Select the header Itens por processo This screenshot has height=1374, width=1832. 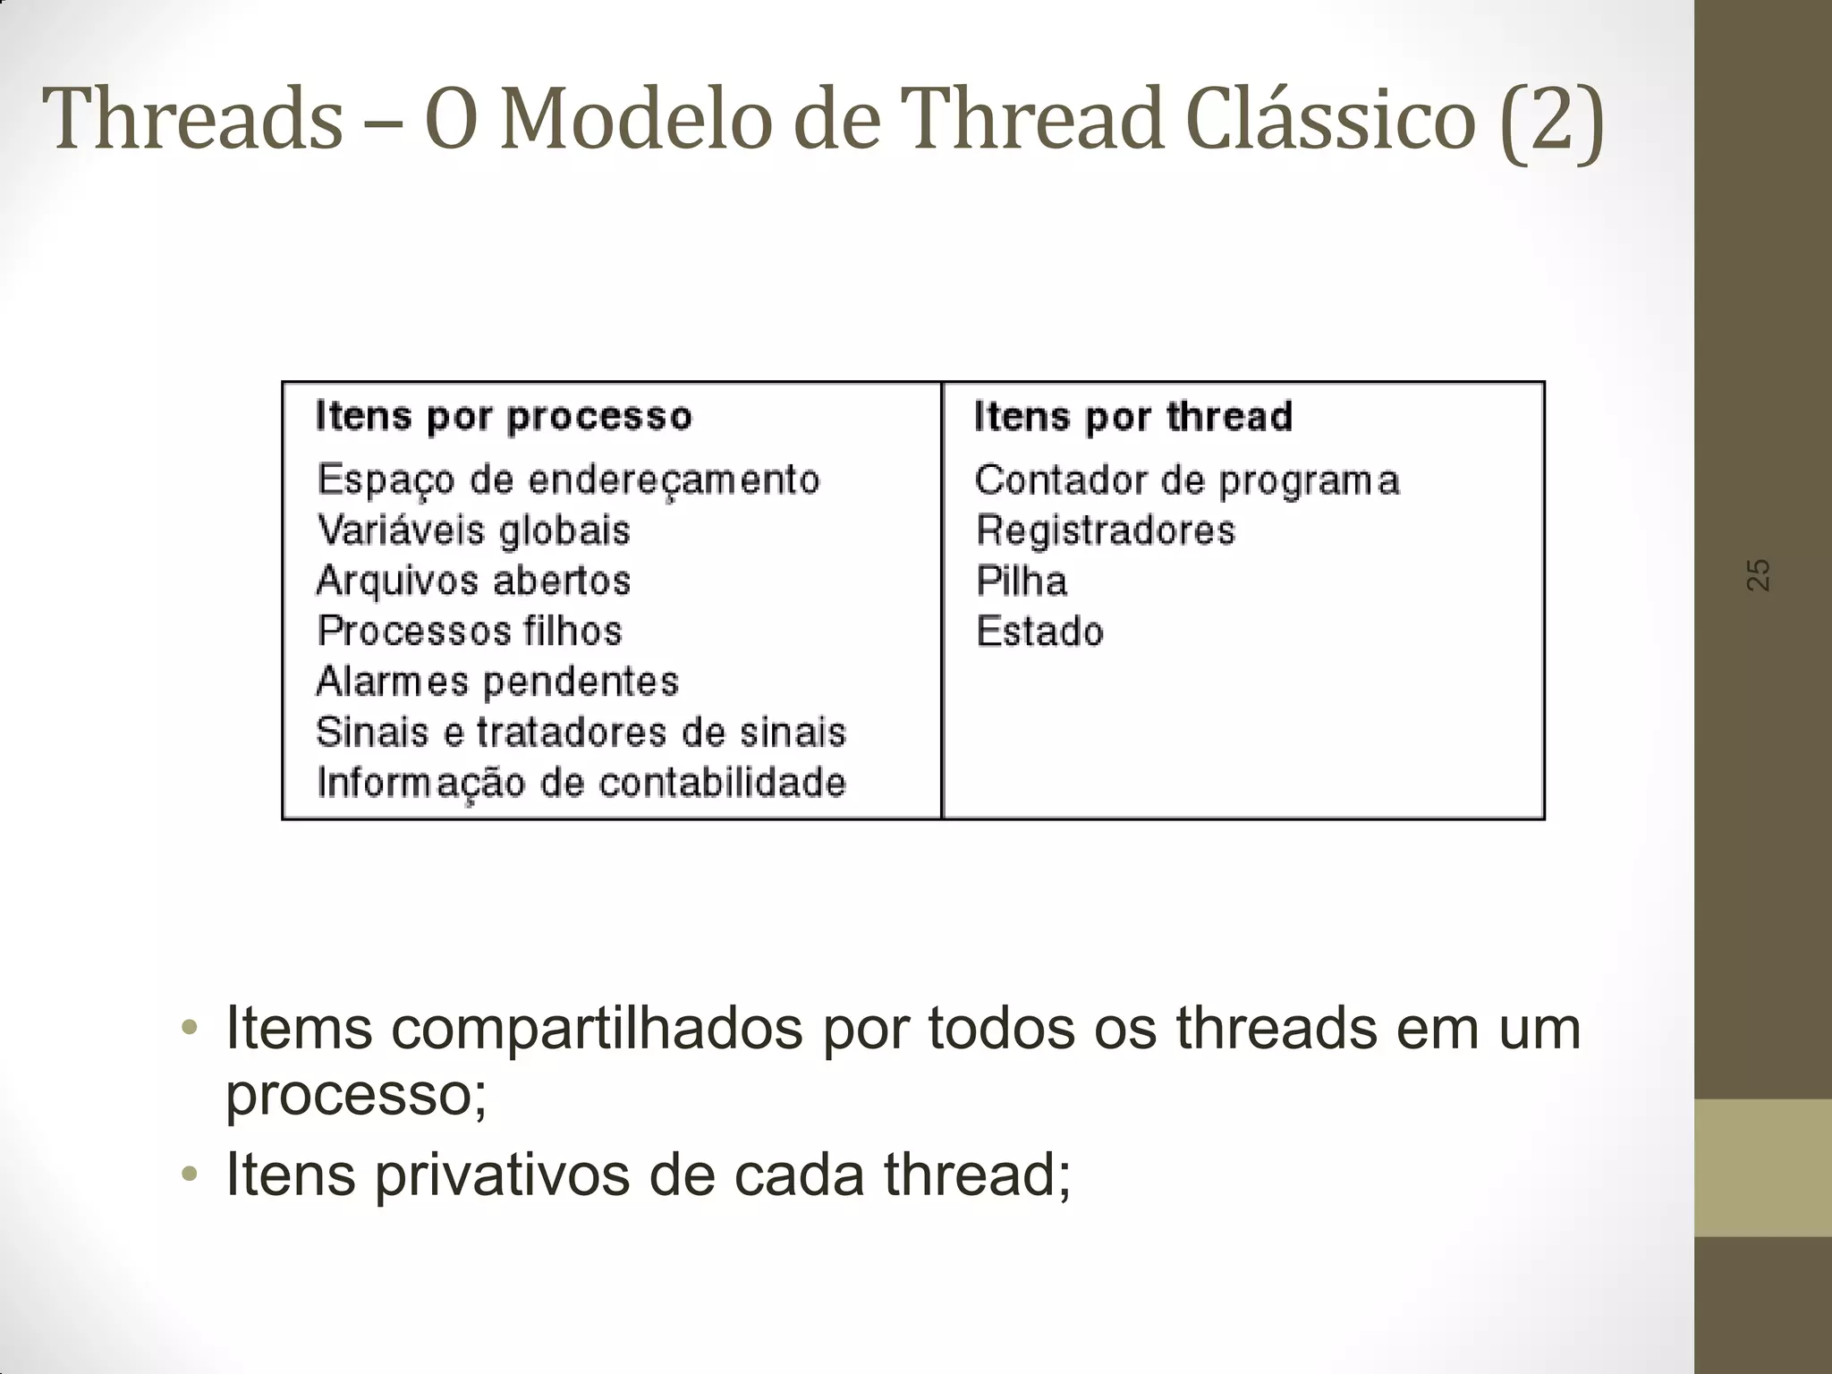point(504,417)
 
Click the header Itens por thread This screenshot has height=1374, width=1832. point(1132,417)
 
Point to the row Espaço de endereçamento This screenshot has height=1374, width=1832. point(568,480)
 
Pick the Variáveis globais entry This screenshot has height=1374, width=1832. point(474,530)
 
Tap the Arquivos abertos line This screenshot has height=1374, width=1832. point(474,581)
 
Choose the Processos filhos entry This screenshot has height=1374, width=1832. point(470,631)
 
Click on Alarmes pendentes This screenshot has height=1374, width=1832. point(497,682)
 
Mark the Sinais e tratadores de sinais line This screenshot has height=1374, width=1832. point(581,733)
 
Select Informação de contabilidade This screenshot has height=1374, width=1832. point(581,784)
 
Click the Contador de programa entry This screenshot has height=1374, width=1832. point(1186,481)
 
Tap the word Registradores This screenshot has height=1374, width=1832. point(1105,530)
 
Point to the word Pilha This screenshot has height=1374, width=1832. point(1022,581)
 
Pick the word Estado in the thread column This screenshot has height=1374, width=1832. point(1039,632)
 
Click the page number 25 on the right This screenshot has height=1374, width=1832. point(1758,574)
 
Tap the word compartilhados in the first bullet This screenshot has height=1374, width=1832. point(597,1030)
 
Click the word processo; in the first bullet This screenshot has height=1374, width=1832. point(356,1094)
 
